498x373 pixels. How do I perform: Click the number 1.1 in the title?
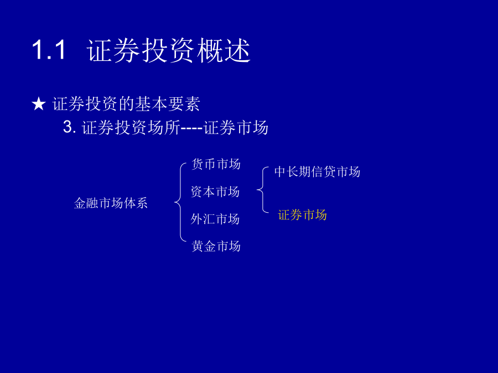pyautogui.click(x=49, y=50)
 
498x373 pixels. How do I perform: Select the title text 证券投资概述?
pyautogui.click(x=168, y=50)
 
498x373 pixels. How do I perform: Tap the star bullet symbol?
pyautogui.click(x=38, y=104)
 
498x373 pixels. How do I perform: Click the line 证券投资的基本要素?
pyautogui.click(x=126, y=104)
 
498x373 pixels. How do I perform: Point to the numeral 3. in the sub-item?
pyautogui.click(x=70, y=127)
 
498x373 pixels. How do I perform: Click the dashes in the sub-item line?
pyautogui.click(x=191, y=128)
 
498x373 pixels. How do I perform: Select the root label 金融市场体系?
pyautogui.click(x=111, y=203)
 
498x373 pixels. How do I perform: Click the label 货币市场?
pyautogui.click(x=216, y=164)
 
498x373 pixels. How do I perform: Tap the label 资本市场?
pyautogui.click(x=215, y=192)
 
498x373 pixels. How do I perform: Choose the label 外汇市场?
pyautogui.click(x=215, y=219)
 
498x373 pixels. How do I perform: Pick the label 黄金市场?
pyautogui.click(x=216, y=246)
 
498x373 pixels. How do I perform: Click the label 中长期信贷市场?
pyautogui.click(x=317, y=172)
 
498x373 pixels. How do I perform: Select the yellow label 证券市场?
pyautogui.click(x=302, y=215)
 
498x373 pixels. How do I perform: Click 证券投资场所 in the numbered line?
pyautogui.click(x=131, y=128)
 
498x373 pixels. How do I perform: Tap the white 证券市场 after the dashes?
pyautogui.click(x=236, y=128)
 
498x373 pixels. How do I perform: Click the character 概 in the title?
pyautogui.click(x=210, y=50)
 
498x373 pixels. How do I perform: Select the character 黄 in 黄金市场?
pyautogui.click(x=198, y=246)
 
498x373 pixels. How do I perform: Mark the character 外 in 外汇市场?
pyautogui.click(x=196, y=219)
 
